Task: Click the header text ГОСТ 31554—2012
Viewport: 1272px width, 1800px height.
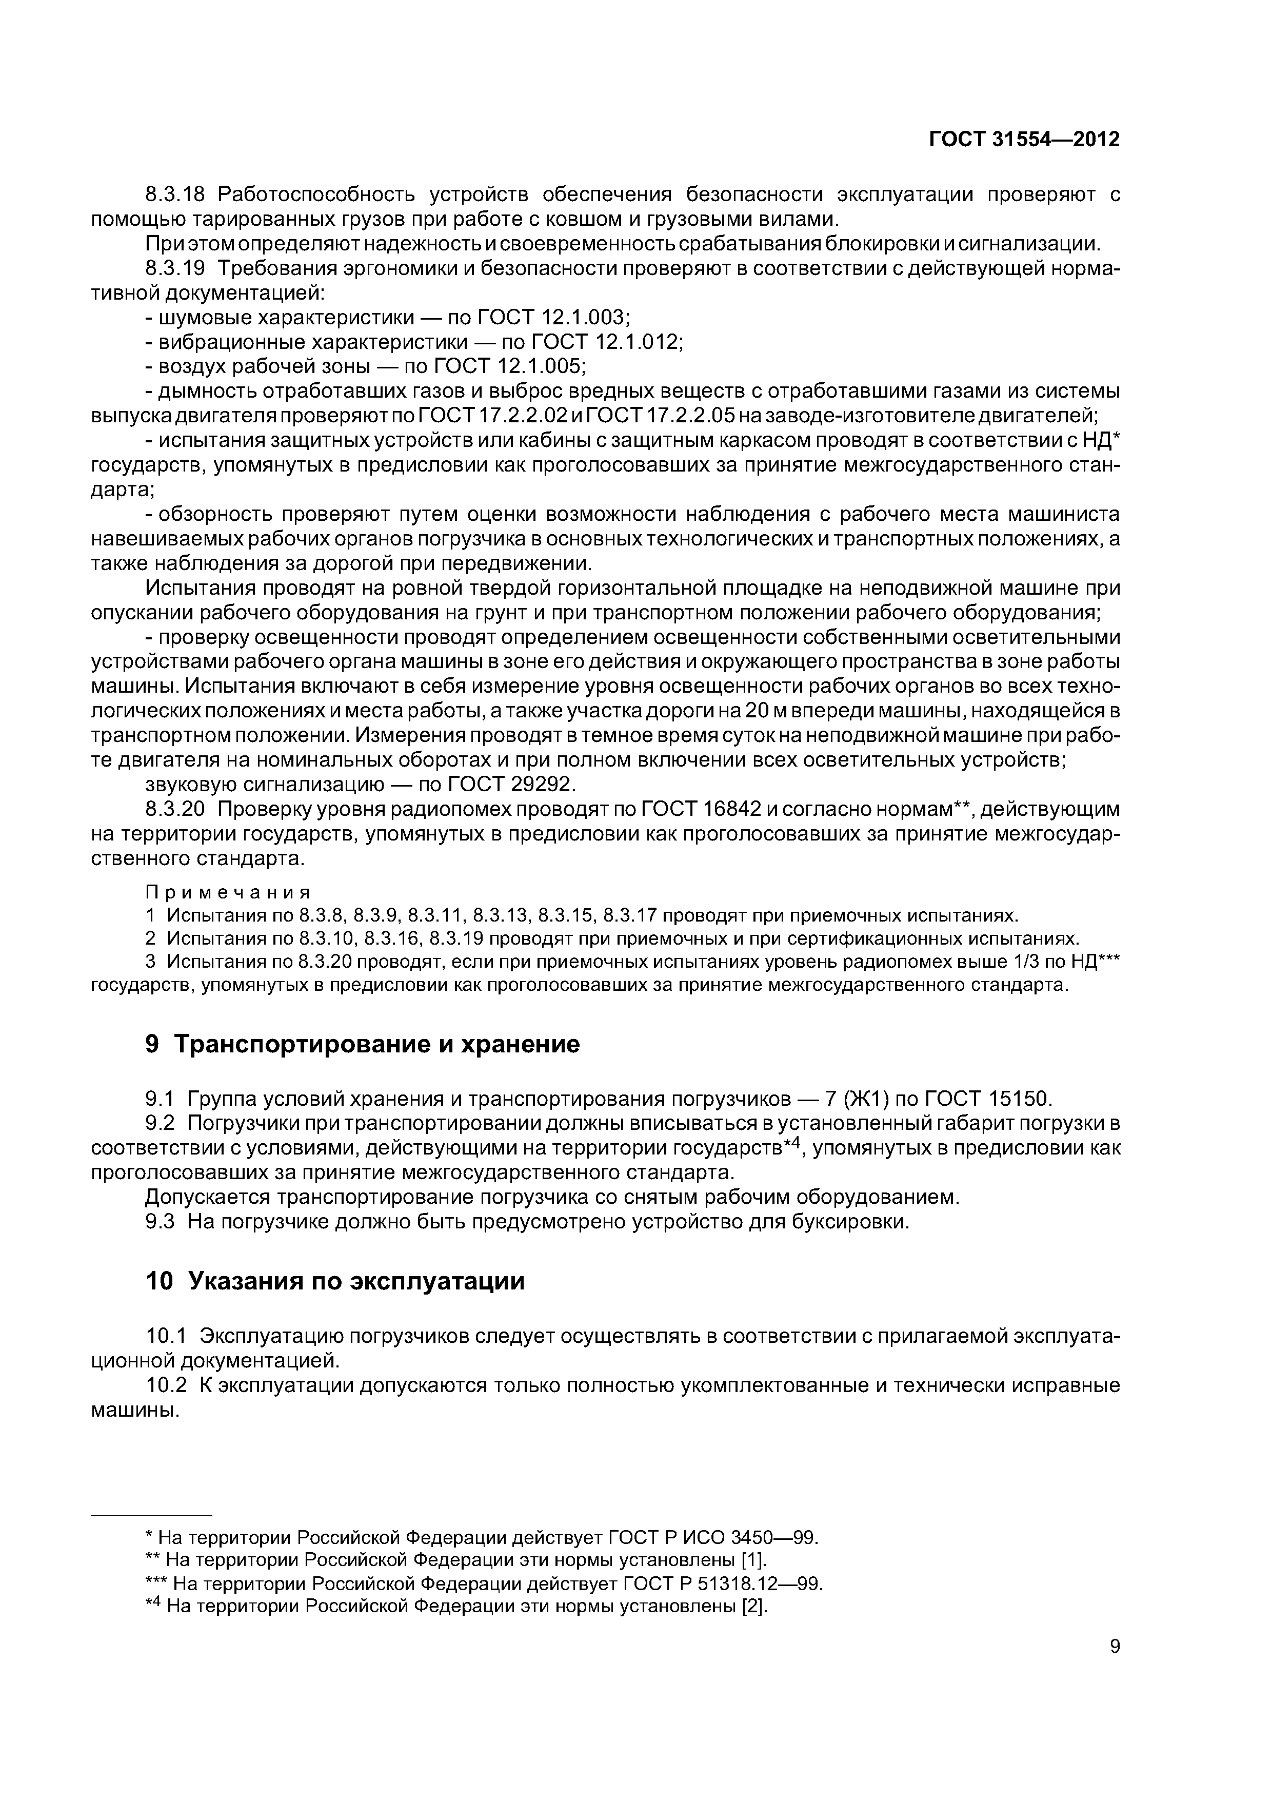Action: click(x=1024, y=140)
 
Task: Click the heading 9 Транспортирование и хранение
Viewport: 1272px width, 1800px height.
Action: click(x=363, y=1044)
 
